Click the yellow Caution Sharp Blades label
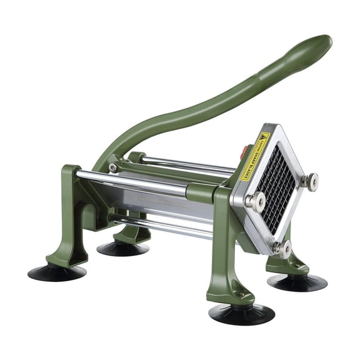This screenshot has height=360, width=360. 255,156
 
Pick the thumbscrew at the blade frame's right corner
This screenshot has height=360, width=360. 307,181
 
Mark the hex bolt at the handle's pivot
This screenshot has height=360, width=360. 113,167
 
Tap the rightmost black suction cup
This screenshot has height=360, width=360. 297,282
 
